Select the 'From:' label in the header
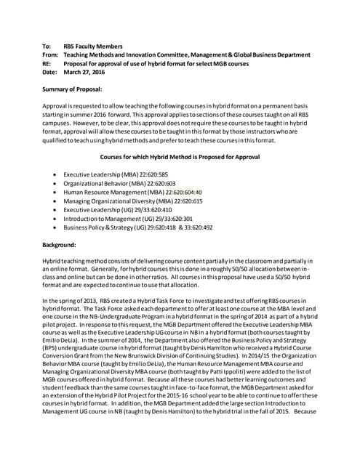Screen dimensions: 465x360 click(x=50, y=55)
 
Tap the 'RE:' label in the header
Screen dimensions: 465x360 click(x=47, y=64)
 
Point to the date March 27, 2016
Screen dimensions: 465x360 click(x=83, y=73)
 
